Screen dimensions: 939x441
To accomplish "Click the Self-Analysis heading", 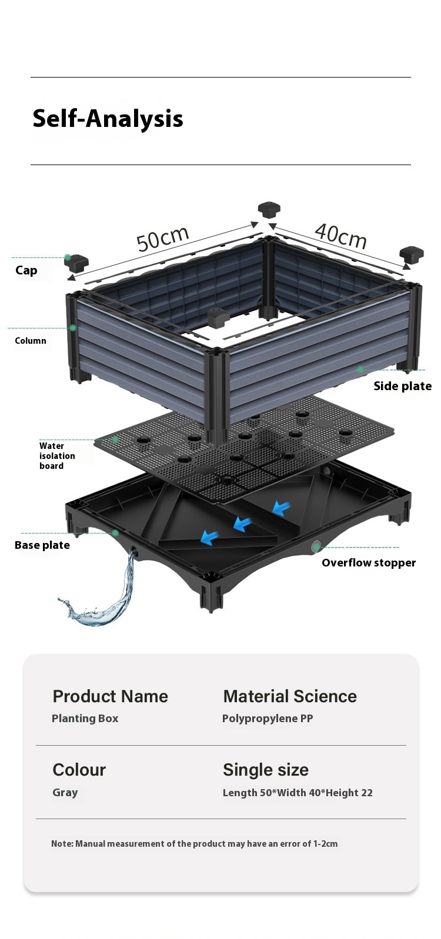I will click(108, 119).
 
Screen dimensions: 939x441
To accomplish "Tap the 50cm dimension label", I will click(163, 237).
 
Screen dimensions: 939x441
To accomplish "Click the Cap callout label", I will click(26, 270).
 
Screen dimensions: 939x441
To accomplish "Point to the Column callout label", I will click(31, 341).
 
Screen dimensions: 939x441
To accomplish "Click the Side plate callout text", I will click(402, 386).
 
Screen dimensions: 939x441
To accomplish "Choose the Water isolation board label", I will click(57, 456).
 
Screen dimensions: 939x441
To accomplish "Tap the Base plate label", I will click(42, 545).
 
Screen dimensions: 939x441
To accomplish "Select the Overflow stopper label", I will click(368, 563).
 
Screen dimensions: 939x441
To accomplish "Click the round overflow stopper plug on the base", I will click(316, 546).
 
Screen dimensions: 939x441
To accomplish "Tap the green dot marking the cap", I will click(68, 257).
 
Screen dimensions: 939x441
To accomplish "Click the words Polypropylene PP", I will click(268, 719).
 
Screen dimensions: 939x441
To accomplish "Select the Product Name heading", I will click(110, 696).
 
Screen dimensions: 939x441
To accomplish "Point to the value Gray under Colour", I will click(65, 792).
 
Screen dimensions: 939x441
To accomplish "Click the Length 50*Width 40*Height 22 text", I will click(298, 793).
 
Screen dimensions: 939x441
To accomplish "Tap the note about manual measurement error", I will click(194, 844).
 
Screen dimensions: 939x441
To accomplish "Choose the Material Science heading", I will click(290, 696).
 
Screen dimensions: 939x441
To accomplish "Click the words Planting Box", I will click(85, 719).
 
